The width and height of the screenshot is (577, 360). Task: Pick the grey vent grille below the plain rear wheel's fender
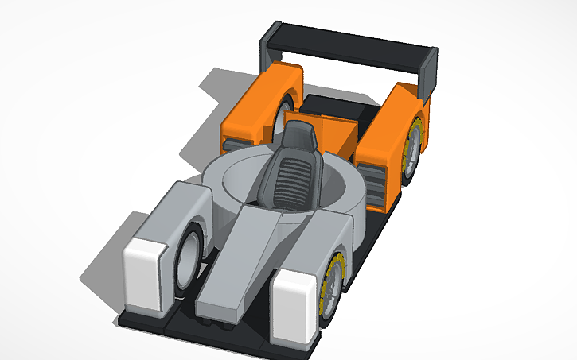234,145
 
